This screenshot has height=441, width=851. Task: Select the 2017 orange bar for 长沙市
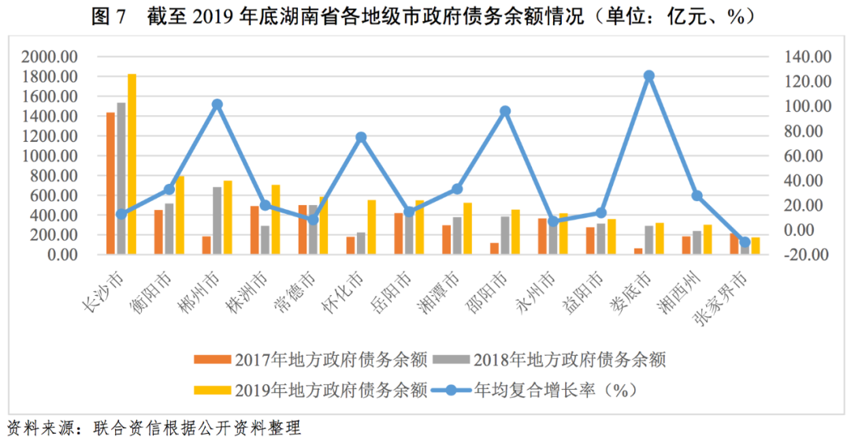click(111, 183)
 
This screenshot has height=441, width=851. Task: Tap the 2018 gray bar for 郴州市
click(217, 220)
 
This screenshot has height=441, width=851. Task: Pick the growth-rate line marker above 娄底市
click(648, 77)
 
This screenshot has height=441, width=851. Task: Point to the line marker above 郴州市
click(217, 104)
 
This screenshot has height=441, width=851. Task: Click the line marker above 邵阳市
click(505, 111)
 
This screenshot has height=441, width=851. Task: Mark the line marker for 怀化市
click(361, 137)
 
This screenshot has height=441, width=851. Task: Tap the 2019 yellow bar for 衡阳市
click(180, 215)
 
